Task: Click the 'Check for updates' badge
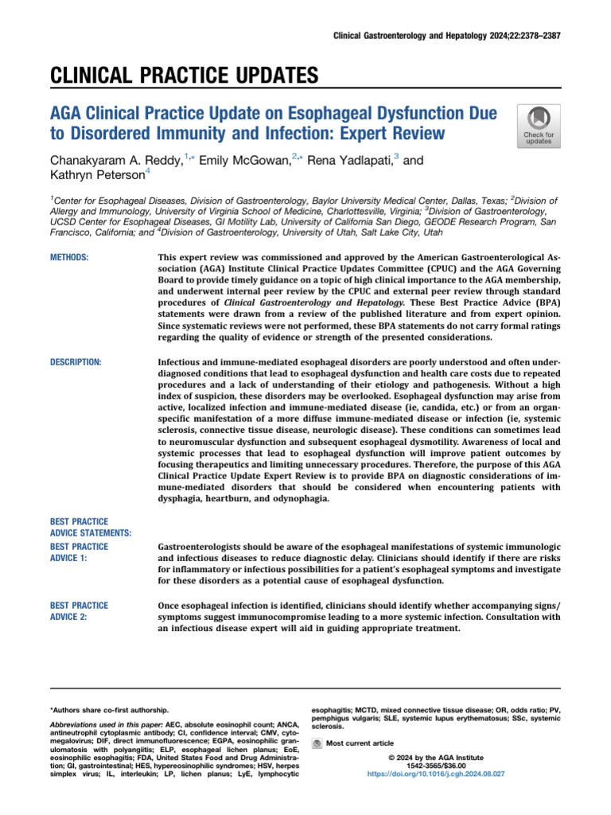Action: click(x=539, y=125)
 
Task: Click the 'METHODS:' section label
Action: click(x=69, y=257)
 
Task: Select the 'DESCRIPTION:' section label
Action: click(x=76, y=362)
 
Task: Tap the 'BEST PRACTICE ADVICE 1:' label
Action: click(x=79, y=553)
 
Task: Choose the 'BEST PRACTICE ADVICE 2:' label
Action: click(x=79, y=611)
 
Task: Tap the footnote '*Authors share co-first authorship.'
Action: click(x=109, y=708)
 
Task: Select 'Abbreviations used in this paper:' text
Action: click(x=107, y=725)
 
